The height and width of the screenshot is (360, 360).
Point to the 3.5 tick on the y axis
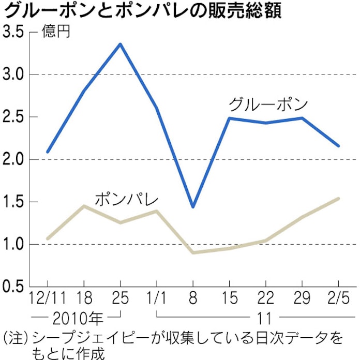pos(14,33)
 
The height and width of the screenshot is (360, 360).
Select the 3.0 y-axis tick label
pos(14,75)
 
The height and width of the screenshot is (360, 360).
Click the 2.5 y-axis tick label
pos(14,117)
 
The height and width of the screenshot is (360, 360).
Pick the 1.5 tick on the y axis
pos(14,202)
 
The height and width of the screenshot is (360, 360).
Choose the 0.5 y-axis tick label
pos(14,287)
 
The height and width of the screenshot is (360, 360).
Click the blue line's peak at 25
pos(120,44)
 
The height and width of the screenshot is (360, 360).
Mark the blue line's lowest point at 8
pos(193,207)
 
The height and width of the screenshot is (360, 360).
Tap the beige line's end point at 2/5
pos(338,199)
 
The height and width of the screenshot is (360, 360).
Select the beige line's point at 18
pos(84,206)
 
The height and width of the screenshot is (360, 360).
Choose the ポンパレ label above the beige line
pos(126,199)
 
